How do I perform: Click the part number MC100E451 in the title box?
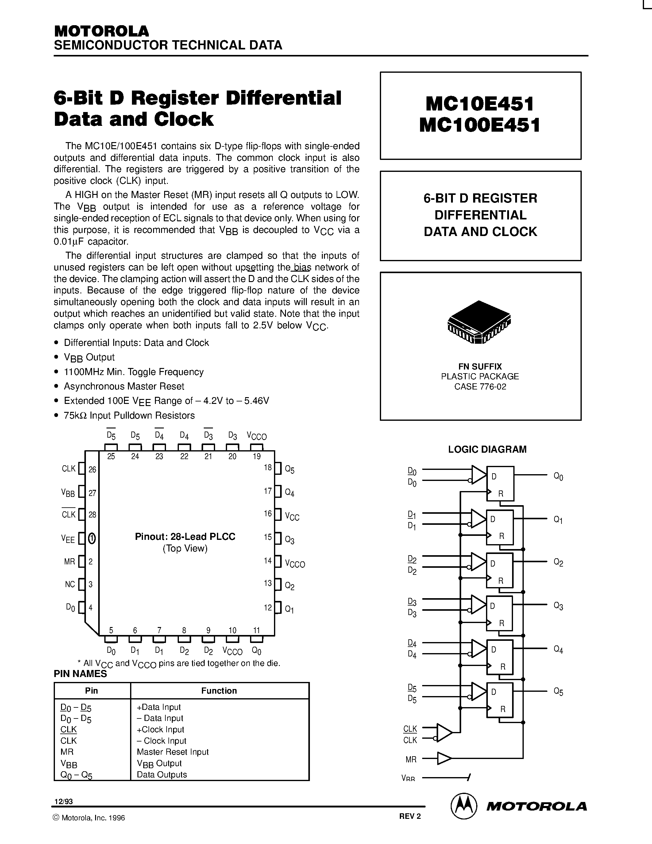(x=480, y=125)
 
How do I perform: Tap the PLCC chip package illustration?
(x=479, y=322)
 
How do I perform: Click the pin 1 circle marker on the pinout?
(x=92, y=538)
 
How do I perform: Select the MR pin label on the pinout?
(x=70, y=562)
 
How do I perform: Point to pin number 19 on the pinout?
(x=257, y=456)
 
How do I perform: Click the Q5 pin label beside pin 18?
(x=290, y=470)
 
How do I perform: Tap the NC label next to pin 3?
(x=70, y=584)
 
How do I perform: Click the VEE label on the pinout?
(x=68, y=539)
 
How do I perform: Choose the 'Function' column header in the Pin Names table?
(x=219, y=691)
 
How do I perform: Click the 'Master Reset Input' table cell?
(x=173, y=752)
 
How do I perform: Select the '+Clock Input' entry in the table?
(x=160, y=729)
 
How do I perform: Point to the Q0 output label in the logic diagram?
(x=558, y=477)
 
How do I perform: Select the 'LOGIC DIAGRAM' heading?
(x=487, y=449)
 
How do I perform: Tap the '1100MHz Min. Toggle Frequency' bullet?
(x=134, y=372)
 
